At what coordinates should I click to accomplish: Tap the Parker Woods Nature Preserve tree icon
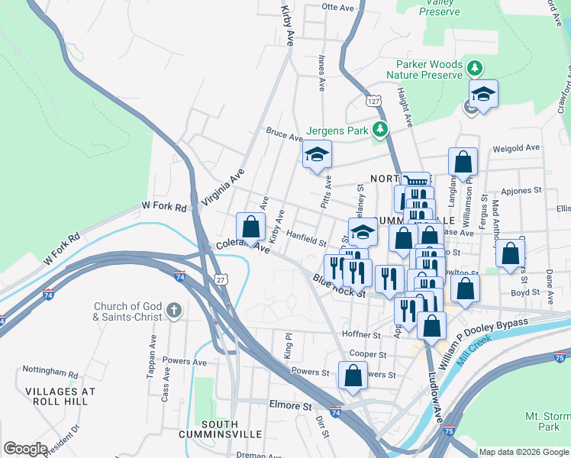pos(475,69)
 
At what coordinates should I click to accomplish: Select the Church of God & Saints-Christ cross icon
pos(174,311)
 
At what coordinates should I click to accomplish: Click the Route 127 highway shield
pos(373,101)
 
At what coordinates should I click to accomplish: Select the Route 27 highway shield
pos(221,280)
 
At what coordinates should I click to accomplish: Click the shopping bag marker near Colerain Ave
pos(251,227)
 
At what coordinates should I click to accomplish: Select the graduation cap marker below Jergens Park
pos(317,156)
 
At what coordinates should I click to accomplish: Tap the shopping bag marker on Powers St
pos(352,376)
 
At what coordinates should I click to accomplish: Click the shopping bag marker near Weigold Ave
pos(463,162)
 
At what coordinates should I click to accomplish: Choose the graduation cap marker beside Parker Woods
pos(483,95)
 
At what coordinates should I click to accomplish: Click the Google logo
pos(24,449)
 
